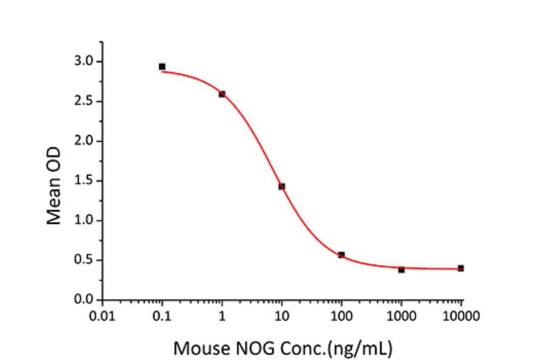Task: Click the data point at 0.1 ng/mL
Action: click(162, 67)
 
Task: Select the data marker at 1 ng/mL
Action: click(222, 94)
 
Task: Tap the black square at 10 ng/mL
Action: click(282, 186)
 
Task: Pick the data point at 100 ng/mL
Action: click(342, 255)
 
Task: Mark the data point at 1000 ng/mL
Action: click(401, 270)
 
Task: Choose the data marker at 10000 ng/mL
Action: click(461, 268)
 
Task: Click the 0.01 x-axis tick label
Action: click(102, 316)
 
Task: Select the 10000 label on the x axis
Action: click(461, 316)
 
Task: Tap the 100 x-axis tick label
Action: click(342, 316)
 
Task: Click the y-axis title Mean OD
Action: click(54, 181)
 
